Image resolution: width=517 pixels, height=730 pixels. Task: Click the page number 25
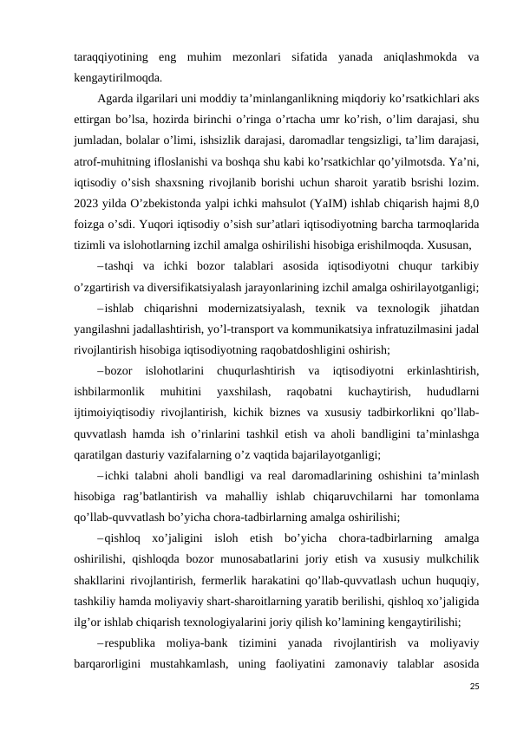[474, 685]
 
